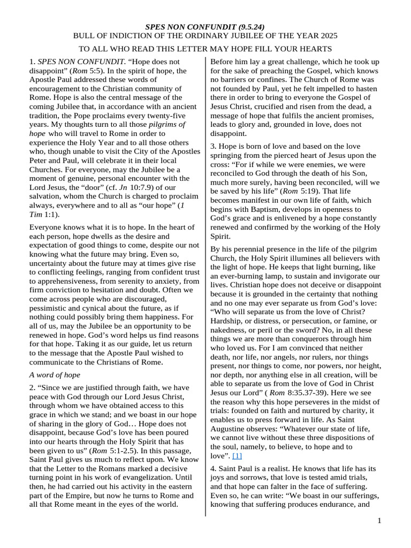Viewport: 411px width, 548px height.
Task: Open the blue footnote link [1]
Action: pyautogui.click(x=237, y=455)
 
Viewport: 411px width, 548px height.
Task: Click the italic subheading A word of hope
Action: pyautogui.click(x=55, y=375)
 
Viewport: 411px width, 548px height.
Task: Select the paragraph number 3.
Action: pyautogui.click(x=213, y=146)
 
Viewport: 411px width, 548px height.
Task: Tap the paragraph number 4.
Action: pyautogui.click(x=213, y=468)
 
